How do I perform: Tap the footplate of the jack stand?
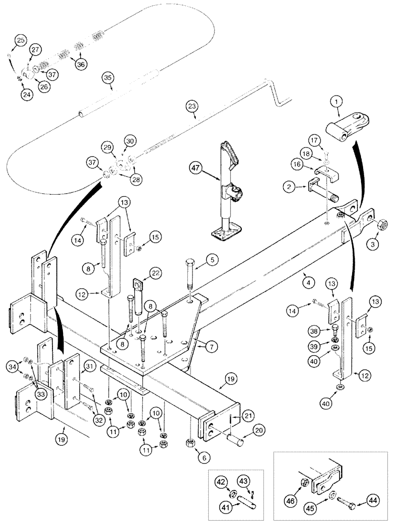pos(225,233)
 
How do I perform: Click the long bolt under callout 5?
pos(190,276)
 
